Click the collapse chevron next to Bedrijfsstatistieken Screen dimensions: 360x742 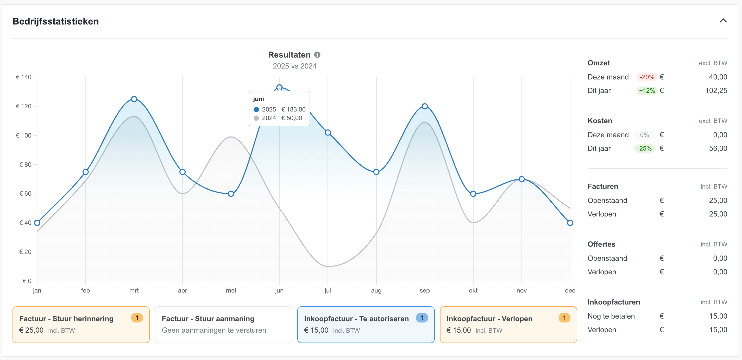pyautogui.click(x=723, y=21)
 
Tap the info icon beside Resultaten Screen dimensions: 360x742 pyautogui.click(x=317, y=55)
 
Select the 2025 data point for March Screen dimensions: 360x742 pyautogui.click(x=134, y=99)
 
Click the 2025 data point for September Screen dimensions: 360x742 pyautogui.click(x=425, y=106)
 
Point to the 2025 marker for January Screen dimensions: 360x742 pyautogui.click(x=37, y=223)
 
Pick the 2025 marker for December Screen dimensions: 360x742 pyautogui.click(x=570, y=223)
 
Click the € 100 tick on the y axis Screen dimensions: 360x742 pyautogui.click(x=24, y=135)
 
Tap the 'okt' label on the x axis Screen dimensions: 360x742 pyautogui.click(x=473, y=290)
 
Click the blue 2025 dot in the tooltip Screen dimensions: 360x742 pyautogui.click(x=256, y=109)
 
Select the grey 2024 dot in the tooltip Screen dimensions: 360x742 pyautogui.click(x=256, y=118)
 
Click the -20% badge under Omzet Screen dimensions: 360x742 pyautogui.click(x=647, y=77)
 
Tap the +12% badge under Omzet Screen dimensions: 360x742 pyautogui.click(x=647, y=91)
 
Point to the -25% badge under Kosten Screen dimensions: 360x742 pyautogui.click(x=644, y=149)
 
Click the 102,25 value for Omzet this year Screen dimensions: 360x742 pyautogui.click(x=716, y=91)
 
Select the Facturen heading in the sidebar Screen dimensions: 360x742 pyautogui.click(x=603, y=187)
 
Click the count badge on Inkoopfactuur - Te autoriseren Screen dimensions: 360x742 pyautogui.click(x=422, y=318)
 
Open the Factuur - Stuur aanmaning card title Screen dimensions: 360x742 pyautogui.click(x=208, y=319)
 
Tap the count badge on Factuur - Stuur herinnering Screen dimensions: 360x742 pyautogui.click(x=137, y=318)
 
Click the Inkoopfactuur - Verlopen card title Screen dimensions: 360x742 pyautogui.click(x=489, y=319)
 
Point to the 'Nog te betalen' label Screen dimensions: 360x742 pyautogui.click(x=611, y=316)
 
